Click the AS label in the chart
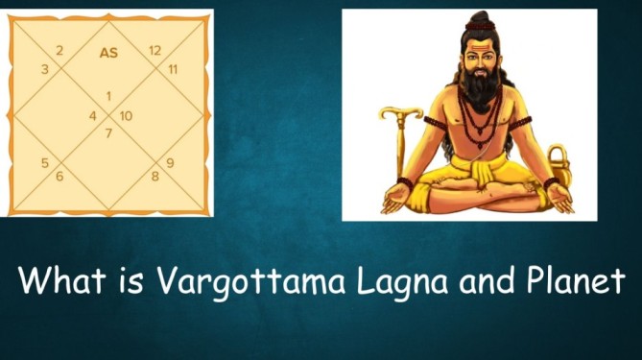(108, 54)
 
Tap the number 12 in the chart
(155, 50)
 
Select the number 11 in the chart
(173, 69)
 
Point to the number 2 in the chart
(59, 50)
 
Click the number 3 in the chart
(44, 69)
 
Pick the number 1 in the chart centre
(109, 96)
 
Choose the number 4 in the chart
(93, 116)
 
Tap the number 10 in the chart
(126, 116)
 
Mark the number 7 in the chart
(109, 132)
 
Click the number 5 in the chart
(44, 162)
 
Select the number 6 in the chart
(59, 177)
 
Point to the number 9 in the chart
(170, 162)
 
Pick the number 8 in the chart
(155, 177)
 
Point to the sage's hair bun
(480, 20)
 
